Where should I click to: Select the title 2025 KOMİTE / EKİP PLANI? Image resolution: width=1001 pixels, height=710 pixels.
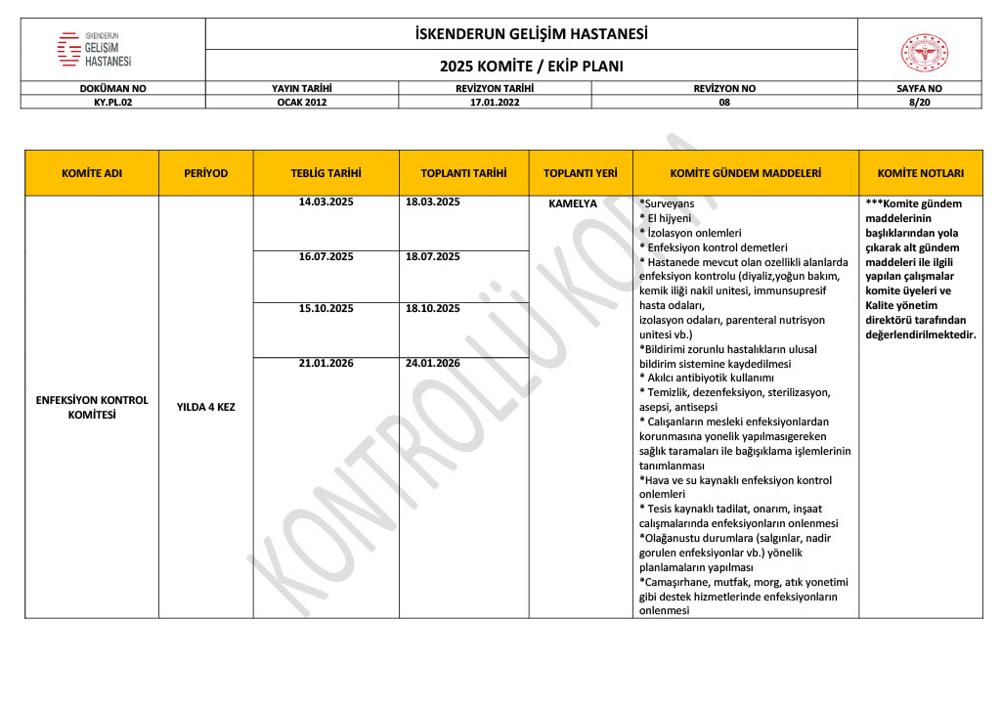531,67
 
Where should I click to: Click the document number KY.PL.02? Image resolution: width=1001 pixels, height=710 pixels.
112,101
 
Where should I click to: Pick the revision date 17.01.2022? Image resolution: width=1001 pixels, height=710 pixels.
494,101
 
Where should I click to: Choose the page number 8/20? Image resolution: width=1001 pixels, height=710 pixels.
919,101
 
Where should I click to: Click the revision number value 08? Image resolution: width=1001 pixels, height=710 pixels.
724,101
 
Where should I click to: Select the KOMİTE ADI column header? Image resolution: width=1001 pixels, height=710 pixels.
91,173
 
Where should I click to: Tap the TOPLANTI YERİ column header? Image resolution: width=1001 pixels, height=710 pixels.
581,173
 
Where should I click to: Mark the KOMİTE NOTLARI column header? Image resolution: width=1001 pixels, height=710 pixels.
920,173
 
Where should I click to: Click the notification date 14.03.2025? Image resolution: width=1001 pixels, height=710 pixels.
326,202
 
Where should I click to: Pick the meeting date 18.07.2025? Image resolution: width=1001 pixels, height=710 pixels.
432,256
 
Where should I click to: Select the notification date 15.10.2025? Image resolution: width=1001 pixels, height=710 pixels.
326,309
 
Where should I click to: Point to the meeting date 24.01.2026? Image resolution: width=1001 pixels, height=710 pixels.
432,363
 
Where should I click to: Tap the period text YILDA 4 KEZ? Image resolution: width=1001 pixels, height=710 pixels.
205,407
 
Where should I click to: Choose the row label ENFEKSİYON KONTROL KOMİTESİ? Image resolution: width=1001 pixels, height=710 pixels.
91,407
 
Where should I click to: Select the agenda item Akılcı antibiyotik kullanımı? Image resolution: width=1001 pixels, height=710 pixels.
708,377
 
